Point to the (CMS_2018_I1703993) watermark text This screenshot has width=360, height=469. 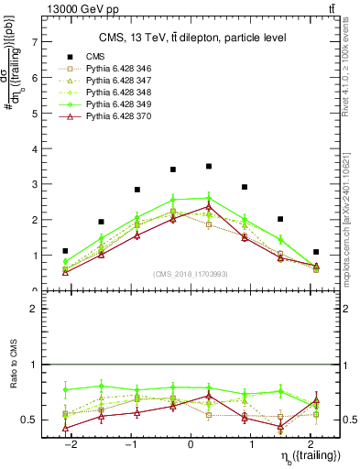(x=191, y=273)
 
